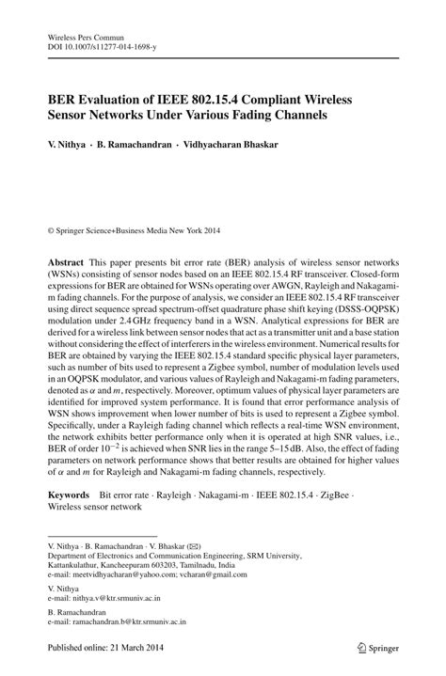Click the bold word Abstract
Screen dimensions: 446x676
pos(66,257)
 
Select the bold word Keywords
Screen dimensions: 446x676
pos(71,493)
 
